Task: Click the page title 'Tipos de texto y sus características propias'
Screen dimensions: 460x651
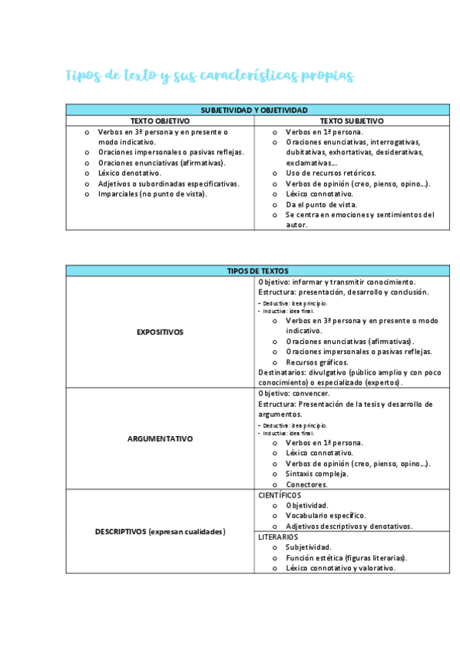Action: click(210, 75)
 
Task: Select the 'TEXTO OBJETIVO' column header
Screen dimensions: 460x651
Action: click(160, 121)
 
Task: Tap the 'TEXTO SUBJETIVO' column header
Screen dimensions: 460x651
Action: click(352, 121)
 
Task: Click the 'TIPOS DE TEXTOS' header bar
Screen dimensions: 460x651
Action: click(257, 271)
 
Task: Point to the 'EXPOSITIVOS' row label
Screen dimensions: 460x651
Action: click(160, 332)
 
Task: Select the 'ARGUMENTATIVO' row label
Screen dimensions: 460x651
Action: click(160, 439)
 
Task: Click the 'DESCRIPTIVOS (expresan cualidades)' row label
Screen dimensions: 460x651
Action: click(160, 531)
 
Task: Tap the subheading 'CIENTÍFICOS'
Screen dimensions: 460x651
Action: click(280, 495)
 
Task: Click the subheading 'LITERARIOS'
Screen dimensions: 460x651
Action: click(278, 537)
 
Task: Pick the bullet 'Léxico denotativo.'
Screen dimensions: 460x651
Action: click(130, 173)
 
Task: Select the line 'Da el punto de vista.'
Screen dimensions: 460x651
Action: click(321, 205)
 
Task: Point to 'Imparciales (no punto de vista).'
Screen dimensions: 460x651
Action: click(152, 194)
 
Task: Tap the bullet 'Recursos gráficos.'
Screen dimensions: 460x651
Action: click(316, 362)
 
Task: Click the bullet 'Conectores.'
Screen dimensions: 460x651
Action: click(306, 484)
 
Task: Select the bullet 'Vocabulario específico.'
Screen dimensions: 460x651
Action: click(326, 516)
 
